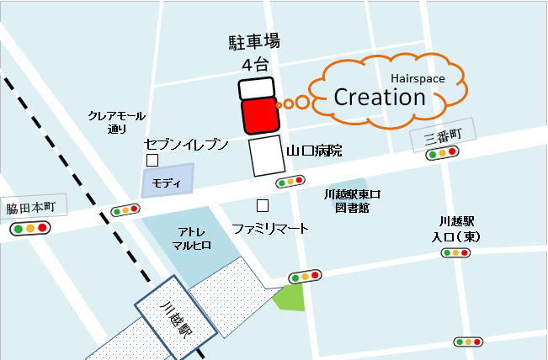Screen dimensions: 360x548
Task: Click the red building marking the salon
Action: pos(260,116)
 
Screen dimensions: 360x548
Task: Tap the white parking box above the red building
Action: pos(257,88)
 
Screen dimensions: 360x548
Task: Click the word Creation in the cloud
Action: pos(380,97)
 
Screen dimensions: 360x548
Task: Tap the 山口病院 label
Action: pos(315,151)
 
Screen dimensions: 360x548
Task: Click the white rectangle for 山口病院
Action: pos(265,156)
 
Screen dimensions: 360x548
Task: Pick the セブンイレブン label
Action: pos(186,144)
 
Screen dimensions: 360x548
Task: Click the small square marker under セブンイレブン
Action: pos(152,160)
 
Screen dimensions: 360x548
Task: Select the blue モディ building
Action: pos(168,181)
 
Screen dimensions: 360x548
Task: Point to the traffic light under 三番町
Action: pos(442,153)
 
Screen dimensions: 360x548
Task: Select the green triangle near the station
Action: pos(289,297)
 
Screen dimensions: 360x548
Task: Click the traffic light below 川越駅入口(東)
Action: pos(460,251)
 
